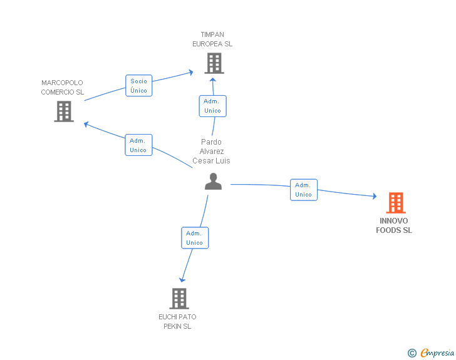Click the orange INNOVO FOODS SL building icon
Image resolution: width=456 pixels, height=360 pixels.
(396, 203)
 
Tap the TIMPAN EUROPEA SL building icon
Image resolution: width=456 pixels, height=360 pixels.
(214, 63)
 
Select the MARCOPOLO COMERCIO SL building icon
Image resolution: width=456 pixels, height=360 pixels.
(64, 111)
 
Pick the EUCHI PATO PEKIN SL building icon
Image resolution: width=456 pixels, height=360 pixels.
(179, 299)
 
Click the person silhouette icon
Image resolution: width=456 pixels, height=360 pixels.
(213, 181)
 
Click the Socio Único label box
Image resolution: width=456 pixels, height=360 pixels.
(138, 86)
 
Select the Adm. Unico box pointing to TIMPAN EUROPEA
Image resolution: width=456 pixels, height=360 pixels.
(212, 106)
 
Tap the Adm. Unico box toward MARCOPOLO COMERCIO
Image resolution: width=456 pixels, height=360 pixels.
(138, 145)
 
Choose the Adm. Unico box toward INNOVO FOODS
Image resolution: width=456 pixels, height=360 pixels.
(304, 190)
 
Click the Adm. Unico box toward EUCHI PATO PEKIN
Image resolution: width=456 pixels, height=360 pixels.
(195, 237)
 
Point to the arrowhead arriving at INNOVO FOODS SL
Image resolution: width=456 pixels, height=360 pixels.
(375, 197)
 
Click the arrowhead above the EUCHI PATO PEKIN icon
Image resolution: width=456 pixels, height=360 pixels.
(182, 280)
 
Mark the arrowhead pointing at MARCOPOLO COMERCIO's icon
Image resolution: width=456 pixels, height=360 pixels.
(86, 125)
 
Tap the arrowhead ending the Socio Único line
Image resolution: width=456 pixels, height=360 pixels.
(191, 72)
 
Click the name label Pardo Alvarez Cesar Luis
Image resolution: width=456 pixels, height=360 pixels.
(212, 152)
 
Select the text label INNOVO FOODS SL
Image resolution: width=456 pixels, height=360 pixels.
(394, 225)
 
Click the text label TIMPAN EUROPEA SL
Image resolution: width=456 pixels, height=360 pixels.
(212, 39)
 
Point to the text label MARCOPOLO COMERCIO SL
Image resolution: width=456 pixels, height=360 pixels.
(62, 87)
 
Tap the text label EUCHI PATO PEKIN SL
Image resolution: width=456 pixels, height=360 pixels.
(177, 321)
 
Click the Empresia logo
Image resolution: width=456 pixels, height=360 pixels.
(431, 352)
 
